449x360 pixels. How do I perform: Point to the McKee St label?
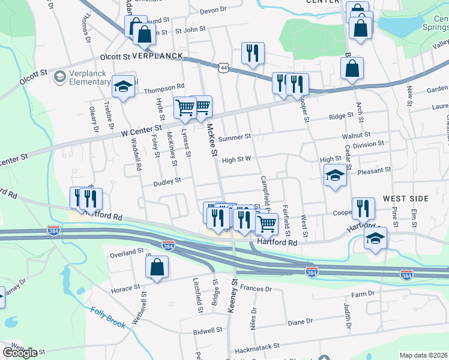pos(211,140)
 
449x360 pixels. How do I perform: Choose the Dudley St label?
pos(167,181)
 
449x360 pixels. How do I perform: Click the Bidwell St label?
pos(208,330)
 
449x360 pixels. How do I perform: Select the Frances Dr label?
pos(256,289)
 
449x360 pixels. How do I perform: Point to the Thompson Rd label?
pos(164,91)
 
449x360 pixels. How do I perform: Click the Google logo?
pos(20,353)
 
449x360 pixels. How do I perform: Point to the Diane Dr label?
pos(300,322)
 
